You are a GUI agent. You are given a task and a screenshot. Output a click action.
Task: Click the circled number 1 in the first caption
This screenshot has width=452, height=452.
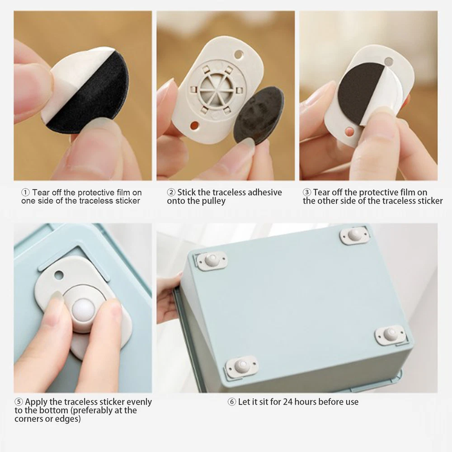click(25, 192)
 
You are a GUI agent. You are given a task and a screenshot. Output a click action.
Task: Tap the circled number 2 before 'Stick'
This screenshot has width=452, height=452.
click(171, 192)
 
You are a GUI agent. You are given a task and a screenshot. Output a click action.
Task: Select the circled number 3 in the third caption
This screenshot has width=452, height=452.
click(307, 192)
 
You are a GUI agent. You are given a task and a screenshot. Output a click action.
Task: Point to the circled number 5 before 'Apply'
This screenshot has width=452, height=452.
click(19, 402)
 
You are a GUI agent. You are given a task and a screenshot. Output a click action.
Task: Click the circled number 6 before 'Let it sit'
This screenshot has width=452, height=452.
click(232, 402)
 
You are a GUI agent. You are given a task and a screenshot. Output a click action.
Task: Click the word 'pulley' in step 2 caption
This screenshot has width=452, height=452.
click(213, 201)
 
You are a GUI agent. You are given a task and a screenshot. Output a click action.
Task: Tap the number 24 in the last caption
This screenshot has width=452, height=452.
click(288, 402)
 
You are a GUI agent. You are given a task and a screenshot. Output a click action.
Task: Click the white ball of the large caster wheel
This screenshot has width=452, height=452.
click(84, 311)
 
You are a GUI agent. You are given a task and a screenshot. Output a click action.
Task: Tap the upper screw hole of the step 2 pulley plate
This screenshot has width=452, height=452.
click(239, 54)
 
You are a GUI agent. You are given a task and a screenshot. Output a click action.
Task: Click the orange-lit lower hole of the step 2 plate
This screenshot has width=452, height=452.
click(194, 125)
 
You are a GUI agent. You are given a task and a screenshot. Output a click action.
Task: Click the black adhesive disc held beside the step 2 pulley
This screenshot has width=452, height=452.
click(258, 113)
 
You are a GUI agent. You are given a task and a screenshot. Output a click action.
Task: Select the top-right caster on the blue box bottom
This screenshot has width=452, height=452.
click(354, 235)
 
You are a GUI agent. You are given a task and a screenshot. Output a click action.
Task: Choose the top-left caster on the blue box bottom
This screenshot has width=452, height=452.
click(212, 261)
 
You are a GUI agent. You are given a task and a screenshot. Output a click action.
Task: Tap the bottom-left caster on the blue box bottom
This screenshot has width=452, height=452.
click(241, 367)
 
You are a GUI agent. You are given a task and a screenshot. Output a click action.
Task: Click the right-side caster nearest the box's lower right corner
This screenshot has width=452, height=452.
click(391, 335)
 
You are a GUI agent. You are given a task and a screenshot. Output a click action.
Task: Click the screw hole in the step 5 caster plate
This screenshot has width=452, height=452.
click(59, 275)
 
